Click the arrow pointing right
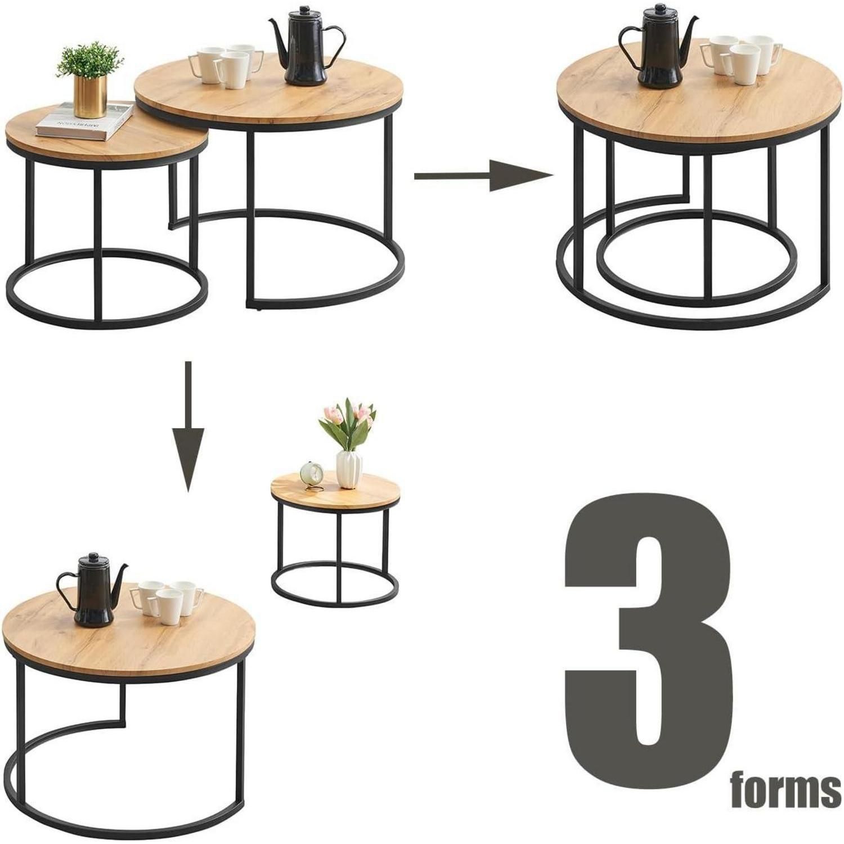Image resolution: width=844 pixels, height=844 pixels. [484, 176]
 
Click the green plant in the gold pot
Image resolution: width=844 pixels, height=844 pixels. [90, 61]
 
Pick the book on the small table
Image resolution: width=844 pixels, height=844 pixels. [84, 120]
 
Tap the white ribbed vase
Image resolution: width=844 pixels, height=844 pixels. [349, 469]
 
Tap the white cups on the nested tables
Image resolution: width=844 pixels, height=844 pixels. [742, 56]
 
